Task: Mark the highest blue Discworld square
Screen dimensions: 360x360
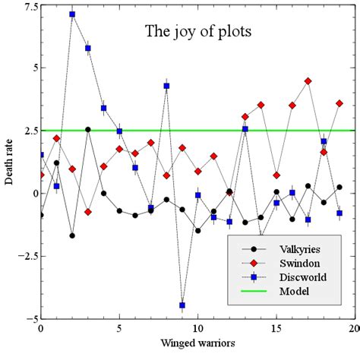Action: tap(72, 14)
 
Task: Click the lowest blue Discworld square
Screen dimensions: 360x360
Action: tap(182, 305)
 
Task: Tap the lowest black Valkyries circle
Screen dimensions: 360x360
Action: tap(72, 235)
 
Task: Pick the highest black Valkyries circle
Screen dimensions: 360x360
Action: tap(88, 129)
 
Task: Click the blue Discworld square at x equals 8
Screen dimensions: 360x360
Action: tap(166, 86)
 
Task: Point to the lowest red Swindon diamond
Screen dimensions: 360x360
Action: tap(88, 212)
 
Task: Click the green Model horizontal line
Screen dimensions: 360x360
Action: tap(228, 131)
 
